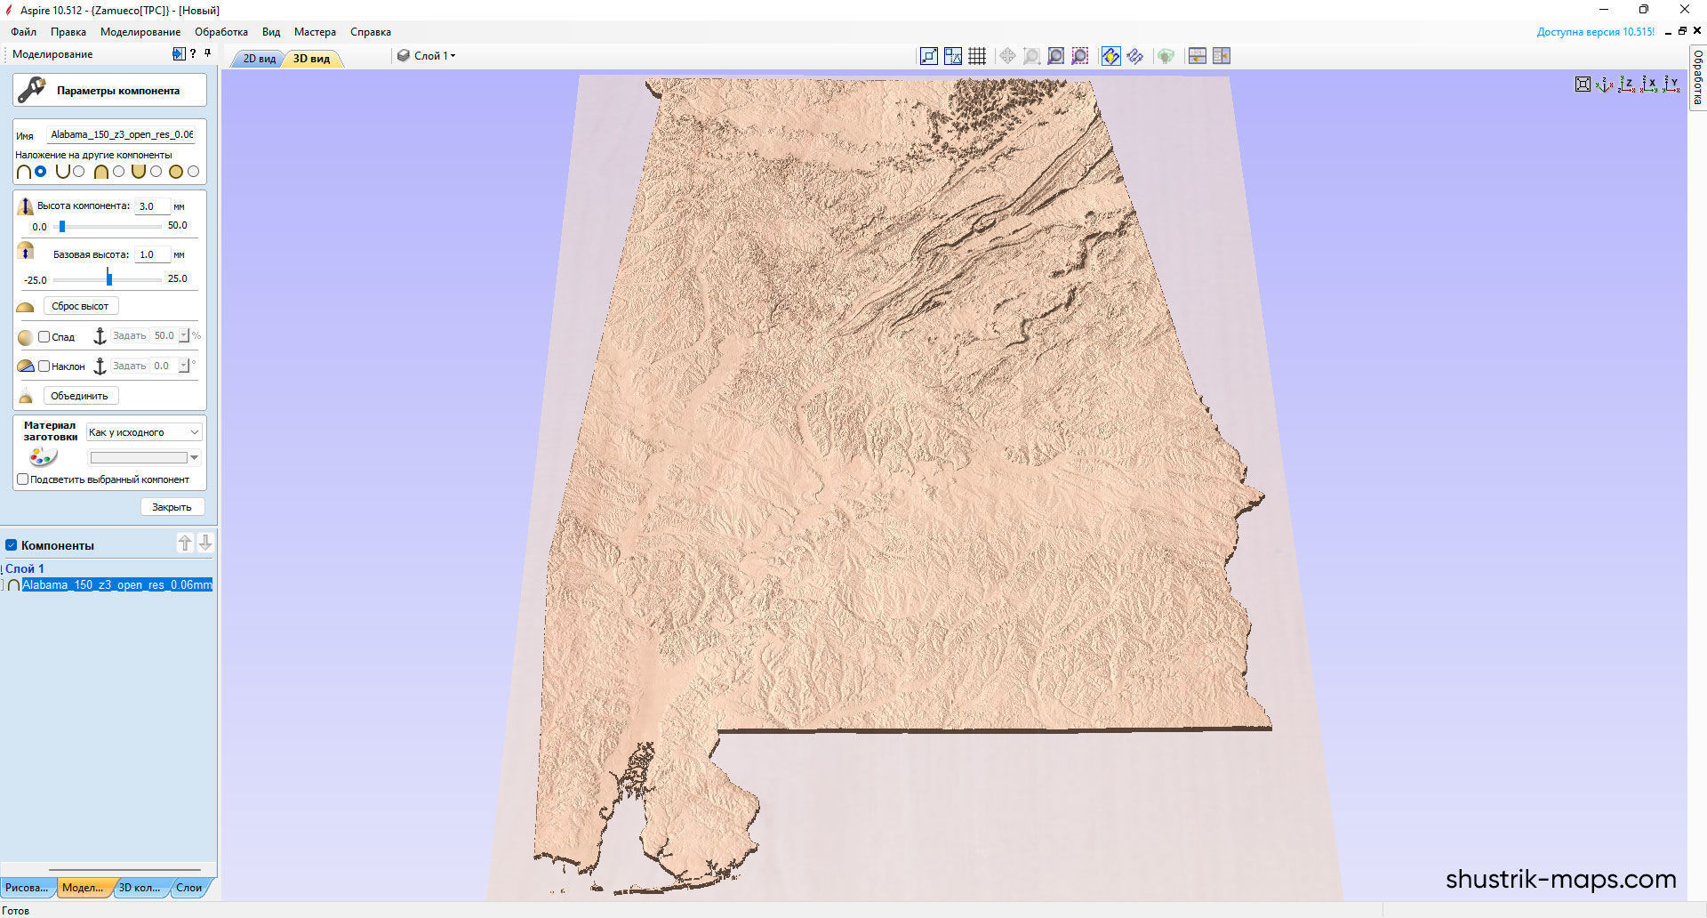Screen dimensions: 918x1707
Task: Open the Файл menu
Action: (x=23, y=32)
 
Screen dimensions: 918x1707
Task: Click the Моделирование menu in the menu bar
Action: (x=140, y=32)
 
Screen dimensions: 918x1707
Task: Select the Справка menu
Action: (x=370, y=32)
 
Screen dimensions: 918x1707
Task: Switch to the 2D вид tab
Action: (x=259, y=59)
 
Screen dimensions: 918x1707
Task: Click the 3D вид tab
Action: (x=311, y=59)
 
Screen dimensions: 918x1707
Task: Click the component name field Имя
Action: (x=121, y=135)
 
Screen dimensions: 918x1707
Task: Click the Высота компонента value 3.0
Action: (x=150, y=206)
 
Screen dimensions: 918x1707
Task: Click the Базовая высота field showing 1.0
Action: (x=150, y=254)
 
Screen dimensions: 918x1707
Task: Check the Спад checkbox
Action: (x=44, y=337)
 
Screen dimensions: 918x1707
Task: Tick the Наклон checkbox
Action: (x=44, y=366)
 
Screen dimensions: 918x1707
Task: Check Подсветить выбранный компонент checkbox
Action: (x=23, y=479)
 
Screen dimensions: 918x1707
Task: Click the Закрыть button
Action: (x=172, y=507)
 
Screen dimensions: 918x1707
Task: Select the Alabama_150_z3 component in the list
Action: (x=116, y=585)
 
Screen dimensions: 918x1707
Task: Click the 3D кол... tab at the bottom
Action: (x=139, y=888)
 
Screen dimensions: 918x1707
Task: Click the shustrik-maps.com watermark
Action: (x=1560, y=880)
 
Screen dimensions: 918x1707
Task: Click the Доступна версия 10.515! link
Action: (x=1595, y=32)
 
